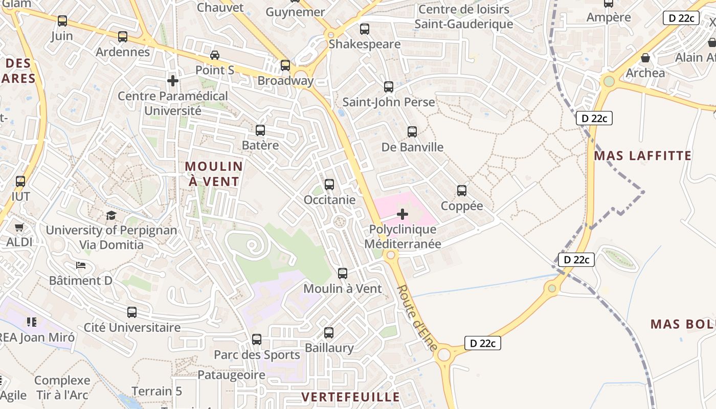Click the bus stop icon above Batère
point(260,130)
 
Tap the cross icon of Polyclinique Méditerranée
point(402,214)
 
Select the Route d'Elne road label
point(417,317)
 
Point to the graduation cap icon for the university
point(111,215)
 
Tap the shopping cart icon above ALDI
point(19,227)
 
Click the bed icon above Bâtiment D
point(81,265)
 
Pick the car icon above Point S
point(215,55)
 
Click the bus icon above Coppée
point(462,191)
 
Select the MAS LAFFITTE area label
point(643,155)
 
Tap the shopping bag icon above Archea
point(645,58)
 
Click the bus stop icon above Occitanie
point(329,185)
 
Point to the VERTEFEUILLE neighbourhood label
point(350,397)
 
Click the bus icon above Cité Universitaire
point(132,312)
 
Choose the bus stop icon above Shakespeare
point(364,29)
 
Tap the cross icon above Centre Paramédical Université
point(173,81)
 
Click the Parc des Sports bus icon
point(257,339)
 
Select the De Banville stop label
point(412,147)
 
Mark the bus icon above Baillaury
point(329,333)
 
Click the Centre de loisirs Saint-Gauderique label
point(464,17)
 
